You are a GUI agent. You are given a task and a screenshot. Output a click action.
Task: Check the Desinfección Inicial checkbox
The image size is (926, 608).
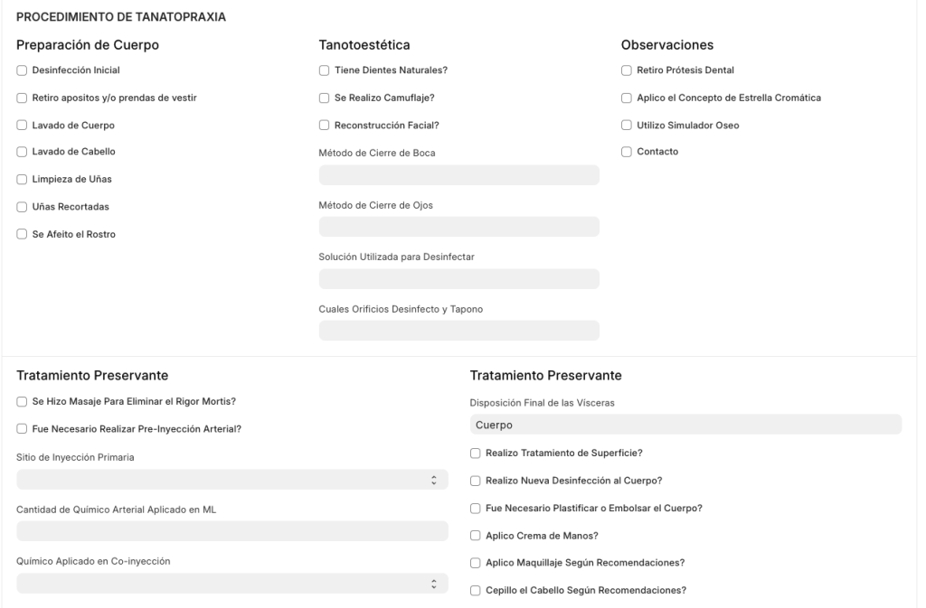pos(22,70)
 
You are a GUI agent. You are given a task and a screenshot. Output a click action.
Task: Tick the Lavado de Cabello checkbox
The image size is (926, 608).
pos(22,152)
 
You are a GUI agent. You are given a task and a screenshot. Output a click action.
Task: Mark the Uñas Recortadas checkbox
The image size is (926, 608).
pos(22,207)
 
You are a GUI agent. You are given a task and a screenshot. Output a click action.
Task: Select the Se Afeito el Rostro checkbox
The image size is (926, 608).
pos(22,234)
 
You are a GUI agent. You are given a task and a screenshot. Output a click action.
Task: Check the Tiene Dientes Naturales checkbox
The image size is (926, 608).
pos(324,70)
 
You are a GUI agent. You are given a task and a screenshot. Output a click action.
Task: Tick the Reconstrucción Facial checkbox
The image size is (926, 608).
pos(324,125)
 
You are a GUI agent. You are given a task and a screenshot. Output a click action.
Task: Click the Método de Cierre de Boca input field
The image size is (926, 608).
pos(458,175)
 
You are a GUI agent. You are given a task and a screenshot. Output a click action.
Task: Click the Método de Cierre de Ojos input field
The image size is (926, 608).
pos(458,227)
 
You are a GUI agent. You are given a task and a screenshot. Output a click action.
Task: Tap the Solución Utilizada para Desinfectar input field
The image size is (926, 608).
pos(458,279)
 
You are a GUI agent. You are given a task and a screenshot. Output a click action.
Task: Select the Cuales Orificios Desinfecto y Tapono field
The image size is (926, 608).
pos(458,331)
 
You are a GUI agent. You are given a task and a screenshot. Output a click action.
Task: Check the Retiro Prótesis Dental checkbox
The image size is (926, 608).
pos(627,70)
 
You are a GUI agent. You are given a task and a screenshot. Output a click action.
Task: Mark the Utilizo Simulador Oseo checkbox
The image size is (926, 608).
pos(627,125)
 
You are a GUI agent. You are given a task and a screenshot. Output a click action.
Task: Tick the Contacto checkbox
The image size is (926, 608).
pos(627,152)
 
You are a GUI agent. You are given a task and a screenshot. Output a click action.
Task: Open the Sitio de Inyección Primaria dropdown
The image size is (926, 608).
pos(232,479)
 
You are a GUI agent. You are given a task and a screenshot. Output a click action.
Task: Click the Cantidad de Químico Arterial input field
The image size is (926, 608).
pos(232,531)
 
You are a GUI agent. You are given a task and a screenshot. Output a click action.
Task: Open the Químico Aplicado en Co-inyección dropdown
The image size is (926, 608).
pos(232,583)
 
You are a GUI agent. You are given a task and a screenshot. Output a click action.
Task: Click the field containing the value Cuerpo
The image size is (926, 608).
pos(685,425)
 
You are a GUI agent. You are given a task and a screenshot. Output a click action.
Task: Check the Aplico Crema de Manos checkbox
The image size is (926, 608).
pos(476,536)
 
